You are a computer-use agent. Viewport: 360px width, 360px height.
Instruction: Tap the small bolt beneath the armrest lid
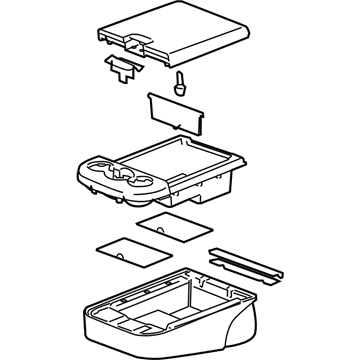(181, 84)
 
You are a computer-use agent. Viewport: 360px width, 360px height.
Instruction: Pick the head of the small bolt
(181, 77)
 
